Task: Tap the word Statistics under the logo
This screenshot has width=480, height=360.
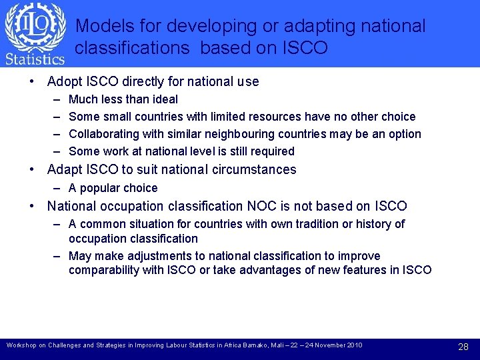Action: (35, 59)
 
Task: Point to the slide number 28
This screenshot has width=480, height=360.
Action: (464, 347)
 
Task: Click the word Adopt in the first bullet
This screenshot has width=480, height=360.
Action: (65, 82)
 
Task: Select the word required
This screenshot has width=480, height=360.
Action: (271, 151)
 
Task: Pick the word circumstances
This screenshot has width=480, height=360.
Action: (259, 170)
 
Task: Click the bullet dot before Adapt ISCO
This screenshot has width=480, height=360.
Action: (32, 170)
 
